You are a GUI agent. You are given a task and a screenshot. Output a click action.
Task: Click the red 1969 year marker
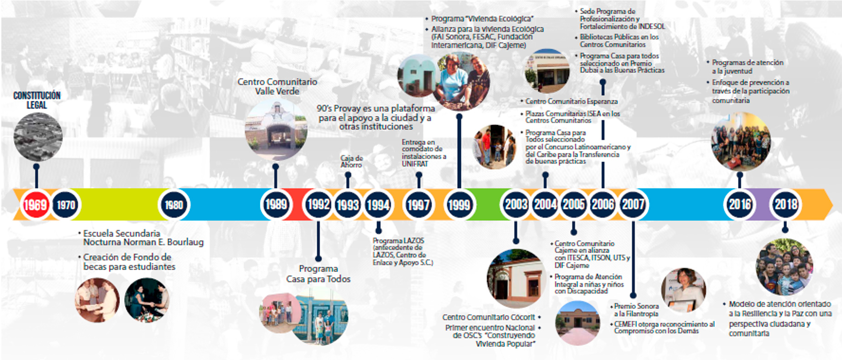(35, 204)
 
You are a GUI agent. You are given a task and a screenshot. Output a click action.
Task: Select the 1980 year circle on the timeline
(174, 205)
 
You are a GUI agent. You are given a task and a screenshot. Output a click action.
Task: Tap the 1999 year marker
(459, 205)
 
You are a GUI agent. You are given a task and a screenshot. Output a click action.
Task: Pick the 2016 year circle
(739, 204)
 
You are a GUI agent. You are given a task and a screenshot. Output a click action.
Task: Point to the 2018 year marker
(785, 204)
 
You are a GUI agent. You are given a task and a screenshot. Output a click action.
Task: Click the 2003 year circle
(516, 204)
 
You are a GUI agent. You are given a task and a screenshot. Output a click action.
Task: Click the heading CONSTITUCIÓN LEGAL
(37, 100)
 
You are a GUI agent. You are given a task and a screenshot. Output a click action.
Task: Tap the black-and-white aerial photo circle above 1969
(38, 137)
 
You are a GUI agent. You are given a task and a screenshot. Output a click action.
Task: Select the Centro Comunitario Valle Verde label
(277, 86)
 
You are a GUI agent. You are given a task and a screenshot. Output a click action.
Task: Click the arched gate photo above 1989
(276, 129)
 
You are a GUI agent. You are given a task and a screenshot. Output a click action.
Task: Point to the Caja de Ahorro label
(351, 162)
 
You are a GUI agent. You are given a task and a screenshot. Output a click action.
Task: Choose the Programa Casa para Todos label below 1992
(318, 274)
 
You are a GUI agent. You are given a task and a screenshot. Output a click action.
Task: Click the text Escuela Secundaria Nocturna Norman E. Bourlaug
(143, 238)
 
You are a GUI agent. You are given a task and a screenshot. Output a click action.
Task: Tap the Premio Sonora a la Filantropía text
(636, 310)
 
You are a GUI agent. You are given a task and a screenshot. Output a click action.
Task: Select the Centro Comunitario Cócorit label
(488, 317)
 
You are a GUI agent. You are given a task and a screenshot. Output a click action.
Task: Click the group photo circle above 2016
(740, 142)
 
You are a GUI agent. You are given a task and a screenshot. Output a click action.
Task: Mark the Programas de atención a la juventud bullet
(747, 67)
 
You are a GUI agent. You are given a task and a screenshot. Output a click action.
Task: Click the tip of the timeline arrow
(832, 204)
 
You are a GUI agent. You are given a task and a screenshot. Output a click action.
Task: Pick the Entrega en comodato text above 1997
(424, 153)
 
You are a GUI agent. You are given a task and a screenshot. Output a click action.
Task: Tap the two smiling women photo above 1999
(461, 81)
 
